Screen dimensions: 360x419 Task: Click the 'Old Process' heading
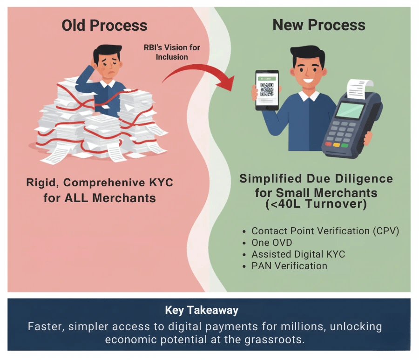tap(104, 26)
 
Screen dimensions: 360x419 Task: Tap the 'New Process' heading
tap(319, 26)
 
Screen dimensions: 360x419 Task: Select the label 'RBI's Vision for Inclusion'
tap(172, 52)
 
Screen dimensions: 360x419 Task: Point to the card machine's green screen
tap(350, 110)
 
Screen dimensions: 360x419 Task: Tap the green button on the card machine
tap(345, 145)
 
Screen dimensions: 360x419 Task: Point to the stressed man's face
tap(108, 67)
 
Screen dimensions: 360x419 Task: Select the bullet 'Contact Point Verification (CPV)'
tap(325, 231)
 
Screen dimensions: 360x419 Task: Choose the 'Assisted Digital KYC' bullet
tap(298, 255)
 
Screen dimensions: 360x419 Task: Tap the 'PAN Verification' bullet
tap(289, 266)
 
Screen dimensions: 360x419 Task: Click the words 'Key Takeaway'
tap(202, 310)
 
